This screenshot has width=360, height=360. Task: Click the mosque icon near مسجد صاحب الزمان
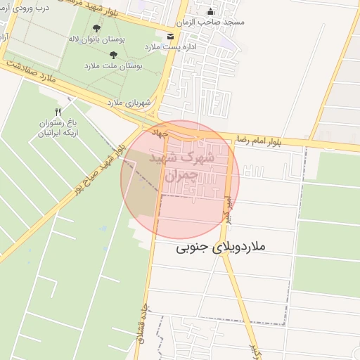coord(211,12)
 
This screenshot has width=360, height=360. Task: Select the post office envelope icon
coord(170,36)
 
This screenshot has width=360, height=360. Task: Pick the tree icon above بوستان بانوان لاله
coord(96,29)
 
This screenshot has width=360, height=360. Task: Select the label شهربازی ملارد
coord(130,103)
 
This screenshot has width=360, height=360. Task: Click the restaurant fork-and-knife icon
coord(58,112)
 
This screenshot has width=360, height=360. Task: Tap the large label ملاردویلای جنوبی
coord(221,247)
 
